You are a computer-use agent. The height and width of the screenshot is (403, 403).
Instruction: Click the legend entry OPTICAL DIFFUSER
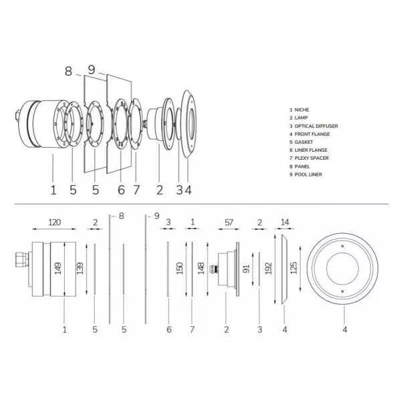coord(316,126)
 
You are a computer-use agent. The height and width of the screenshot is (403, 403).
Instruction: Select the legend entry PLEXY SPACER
coord(311,158)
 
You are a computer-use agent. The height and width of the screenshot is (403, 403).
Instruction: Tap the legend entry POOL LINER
coord(308,174)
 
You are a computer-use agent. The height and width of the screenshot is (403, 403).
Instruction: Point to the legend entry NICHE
coord(301,110)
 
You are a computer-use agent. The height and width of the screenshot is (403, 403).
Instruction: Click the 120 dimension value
coord(55,222)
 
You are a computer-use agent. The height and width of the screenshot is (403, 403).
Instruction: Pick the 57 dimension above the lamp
coord(229,222)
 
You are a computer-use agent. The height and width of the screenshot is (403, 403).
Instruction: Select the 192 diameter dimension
coord(268,268)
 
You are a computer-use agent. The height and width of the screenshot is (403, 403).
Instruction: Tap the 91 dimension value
coord(246,269)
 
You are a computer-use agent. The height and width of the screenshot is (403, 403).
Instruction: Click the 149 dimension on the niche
coord(58,268)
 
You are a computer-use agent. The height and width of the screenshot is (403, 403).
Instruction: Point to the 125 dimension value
coord(293,268)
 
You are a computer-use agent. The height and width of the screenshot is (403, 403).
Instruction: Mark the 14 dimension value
coord(285,222)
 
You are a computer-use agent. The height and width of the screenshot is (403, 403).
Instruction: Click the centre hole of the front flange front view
coord(342,268)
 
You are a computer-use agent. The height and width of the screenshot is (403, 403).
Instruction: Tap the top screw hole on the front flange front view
coord(342,246)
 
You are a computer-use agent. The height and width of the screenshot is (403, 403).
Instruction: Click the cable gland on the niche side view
coord(22,259)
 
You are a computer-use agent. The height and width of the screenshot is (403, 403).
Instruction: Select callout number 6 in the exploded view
coord(121,190)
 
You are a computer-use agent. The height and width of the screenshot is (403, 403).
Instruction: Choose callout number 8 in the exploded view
coord(68,71)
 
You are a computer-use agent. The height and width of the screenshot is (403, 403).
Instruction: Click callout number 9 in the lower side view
coord(157,216)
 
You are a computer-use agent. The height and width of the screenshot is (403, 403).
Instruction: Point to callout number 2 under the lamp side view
coord(226,329)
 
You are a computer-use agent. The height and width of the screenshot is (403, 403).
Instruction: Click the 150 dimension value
coord(179,268)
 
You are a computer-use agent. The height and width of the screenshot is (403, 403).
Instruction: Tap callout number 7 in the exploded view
coord(136,190)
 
